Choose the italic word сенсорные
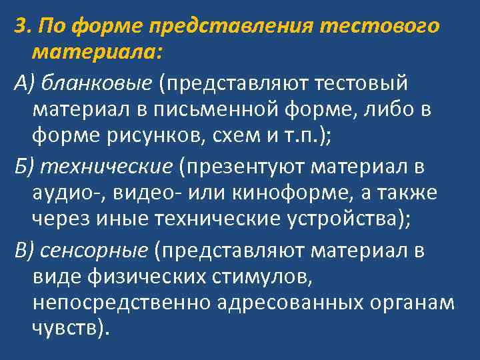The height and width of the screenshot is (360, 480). tap(93, 250)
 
